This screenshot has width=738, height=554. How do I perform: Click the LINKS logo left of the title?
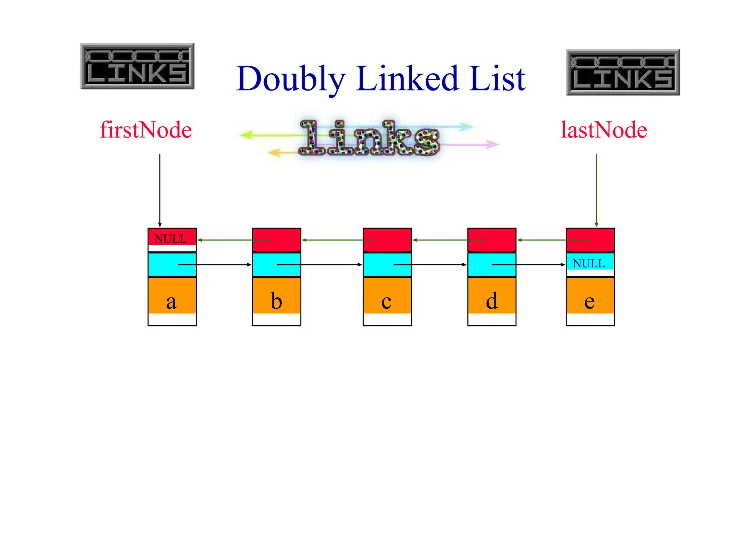pos(137,66)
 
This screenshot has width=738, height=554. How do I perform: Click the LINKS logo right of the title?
pos(623,72)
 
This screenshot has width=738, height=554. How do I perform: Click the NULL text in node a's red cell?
pos(170,239)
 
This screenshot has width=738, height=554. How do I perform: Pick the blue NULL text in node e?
pos(589,264)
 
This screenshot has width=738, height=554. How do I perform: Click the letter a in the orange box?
pos(172,302)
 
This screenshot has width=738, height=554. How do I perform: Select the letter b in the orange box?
pos(276,301)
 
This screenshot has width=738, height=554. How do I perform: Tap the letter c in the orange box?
pos(386,302)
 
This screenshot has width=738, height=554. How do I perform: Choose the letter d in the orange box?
pos(492,301)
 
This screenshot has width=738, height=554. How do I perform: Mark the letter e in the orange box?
pos(590,302)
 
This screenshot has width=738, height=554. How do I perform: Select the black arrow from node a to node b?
pos(223,265)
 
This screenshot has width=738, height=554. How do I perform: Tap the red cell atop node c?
pos(387,234)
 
